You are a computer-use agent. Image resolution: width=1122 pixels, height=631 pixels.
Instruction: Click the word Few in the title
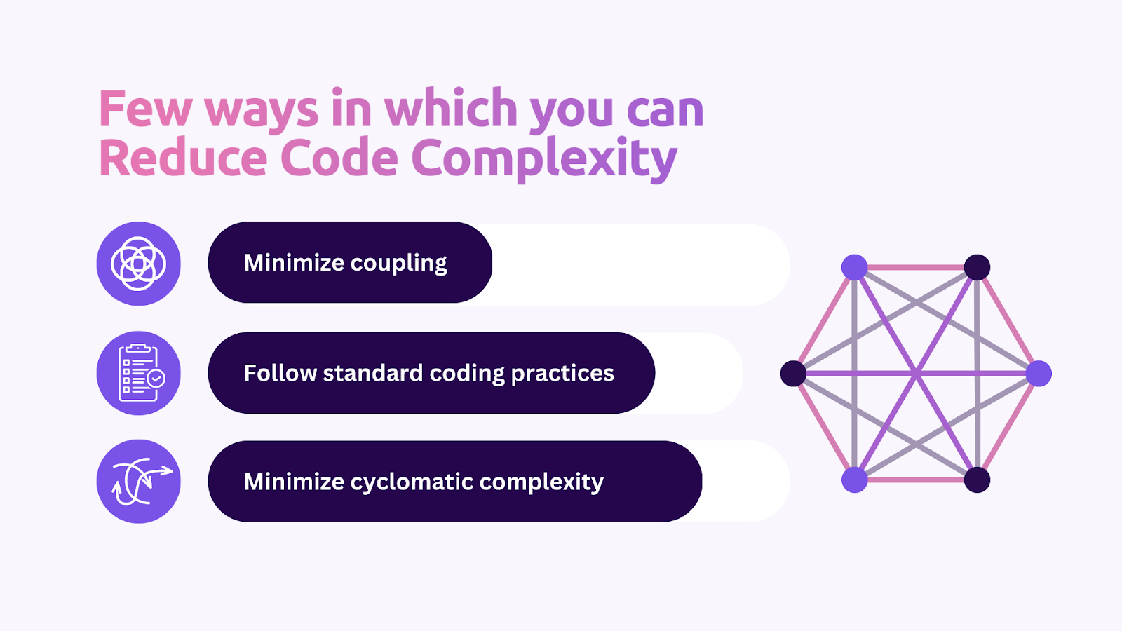click(x=145, y=109)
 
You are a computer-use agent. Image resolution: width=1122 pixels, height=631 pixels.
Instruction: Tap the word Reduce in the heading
click(x=183, y=158)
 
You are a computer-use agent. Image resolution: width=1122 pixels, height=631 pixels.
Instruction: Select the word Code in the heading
click(x=339, y=158)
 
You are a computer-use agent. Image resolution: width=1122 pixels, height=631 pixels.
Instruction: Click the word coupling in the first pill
click(x=398, y=264)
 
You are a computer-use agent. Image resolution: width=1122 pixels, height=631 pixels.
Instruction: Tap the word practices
click(x=562, y=374)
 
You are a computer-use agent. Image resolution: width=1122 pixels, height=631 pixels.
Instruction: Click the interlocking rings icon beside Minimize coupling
click(x=139, y=264)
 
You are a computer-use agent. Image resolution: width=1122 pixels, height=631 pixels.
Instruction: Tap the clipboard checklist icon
click(x=139, y=373)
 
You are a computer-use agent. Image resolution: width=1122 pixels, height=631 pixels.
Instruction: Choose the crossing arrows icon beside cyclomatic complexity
click(x=139, y=482)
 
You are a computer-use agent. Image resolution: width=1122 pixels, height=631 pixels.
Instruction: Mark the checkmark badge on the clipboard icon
click(x=156, y=379)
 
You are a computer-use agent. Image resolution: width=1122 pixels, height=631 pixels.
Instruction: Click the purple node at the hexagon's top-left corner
click(x=854, y=267)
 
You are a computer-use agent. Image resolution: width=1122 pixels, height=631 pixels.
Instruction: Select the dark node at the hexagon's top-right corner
click(x=977, y=267)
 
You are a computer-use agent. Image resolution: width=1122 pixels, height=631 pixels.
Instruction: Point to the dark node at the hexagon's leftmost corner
click(x=793, y=374)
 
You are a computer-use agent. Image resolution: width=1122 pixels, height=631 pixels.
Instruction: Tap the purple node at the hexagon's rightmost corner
click(x=1039, y=374)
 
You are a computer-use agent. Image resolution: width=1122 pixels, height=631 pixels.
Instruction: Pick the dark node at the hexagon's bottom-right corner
click(x=977, y=480)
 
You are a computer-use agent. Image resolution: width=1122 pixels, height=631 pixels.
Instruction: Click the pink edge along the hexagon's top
click(x=916, y=267)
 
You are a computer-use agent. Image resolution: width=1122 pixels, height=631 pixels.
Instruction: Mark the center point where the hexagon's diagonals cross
click(x=916, y=374)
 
